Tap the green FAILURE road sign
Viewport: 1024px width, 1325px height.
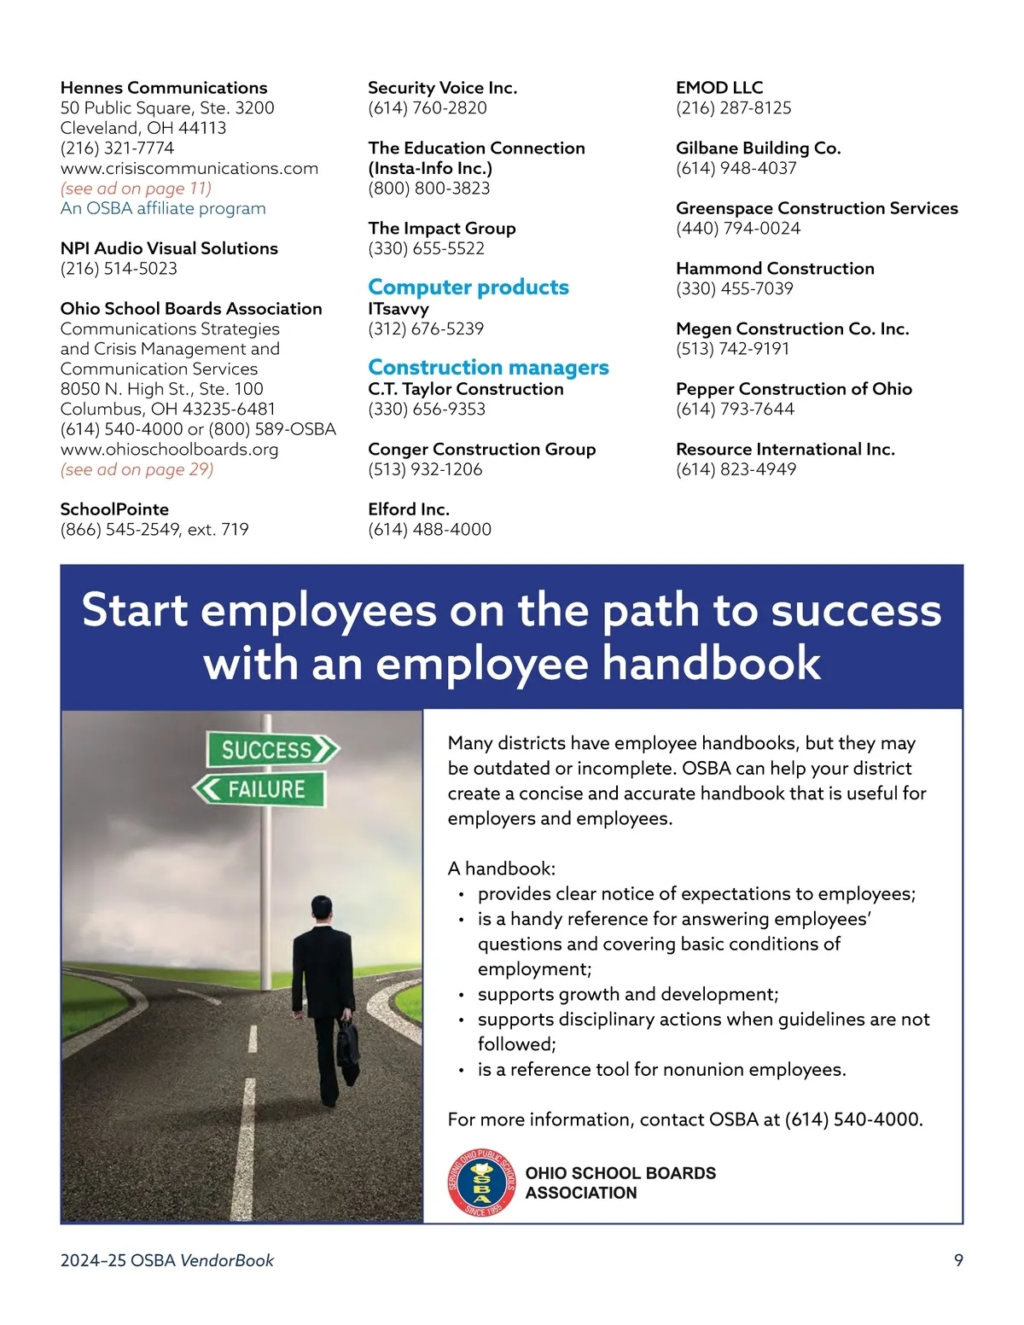click(x=259, y=789)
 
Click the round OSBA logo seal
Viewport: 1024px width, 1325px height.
click(x=481, y=1183)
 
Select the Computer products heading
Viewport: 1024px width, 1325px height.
click(x=468, y=288)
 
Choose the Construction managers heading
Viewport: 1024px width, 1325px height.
click(x=488, y=368)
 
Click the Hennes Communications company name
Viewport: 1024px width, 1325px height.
click(x=164, y=88)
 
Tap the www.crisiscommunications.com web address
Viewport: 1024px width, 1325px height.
click(x=189, y=168)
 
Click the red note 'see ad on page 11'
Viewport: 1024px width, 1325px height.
click(x=136, y=189)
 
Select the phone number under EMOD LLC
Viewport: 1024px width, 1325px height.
click(x=733, y=108)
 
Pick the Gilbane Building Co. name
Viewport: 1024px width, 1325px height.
click(x=758, y=148)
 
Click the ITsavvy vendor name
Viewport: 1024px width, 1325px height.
click(x=398, y=309)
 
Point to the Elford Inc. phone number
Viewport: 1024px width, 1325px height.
click(x=429, y=530)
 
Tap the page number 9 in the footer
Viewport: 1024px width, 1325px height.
click(x=958, y=1260)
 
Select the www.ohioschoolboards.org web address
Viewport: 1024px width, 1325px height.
click(x=169, y=450)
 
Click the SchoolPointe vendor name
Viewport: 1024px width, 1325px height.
click(x=114, y=509)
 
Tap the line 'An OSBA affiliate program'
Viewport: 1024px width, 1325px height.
click(x=163, y=208)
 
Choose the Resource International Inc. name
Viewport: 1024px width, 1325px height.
click(x=785, y=450)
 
